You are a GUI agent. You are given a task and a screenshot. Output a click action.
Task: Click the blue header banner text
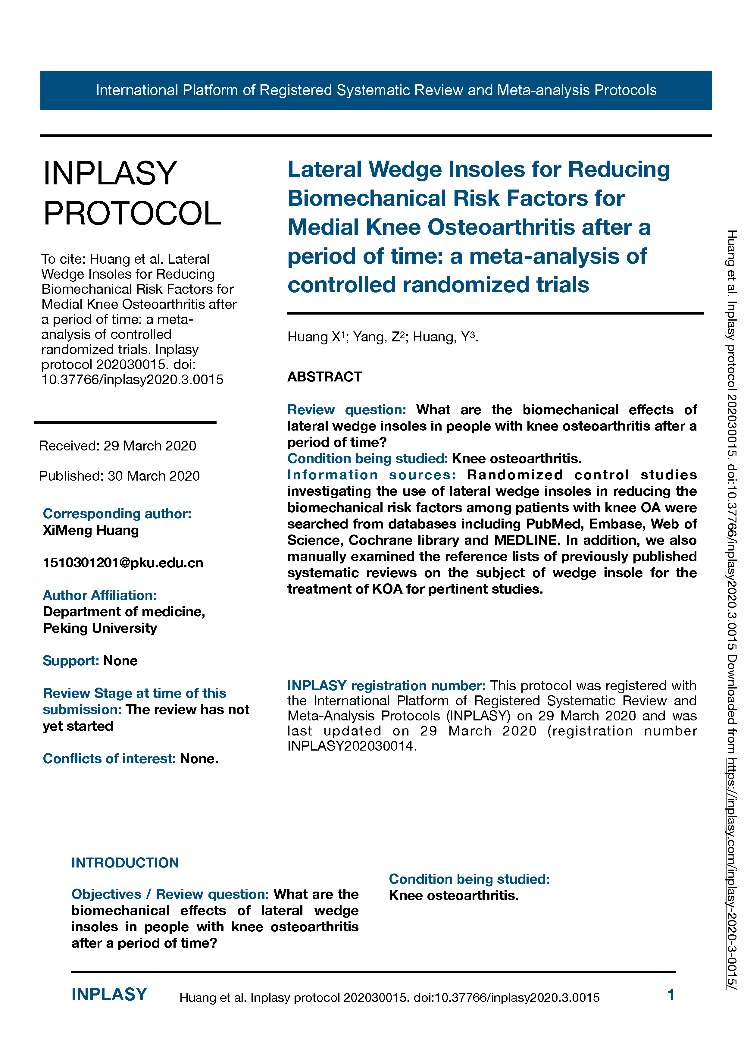pos(376,90)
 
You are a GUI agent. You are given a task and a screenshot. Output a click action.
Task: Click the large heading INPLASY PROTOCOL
pos(132,193)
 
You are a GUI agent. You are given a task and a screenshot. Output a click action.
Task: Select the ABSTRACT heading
pos(324,377)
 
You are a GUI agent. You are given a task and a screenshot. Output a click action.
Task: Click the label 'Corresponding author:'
pos(117,513)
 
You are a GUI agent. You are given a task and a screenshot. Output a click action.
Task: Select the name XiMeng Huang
pos(91,530)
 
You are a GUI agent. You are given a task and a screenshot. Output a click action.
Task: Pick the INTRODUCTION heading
pos(125,863)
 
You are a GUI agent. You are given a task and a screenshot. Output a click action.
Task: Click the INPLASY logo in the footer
pos(109,994)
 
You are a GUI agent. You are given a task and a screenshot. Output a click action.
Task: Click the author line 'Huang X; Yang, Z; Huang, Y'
pos(383,337)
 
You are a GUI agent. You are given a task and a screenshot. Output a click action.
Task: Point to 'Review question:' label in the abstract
pos(347,410)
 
